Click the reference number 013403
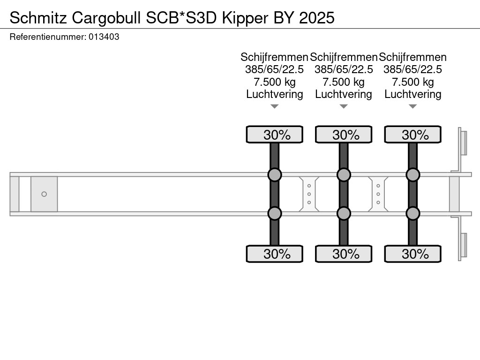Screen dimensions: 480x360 104,37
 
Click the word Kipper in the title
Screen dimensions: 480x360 245,18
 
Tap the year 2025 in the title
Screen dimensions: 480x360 316,18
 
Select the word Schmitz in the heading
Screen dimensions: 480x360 38,18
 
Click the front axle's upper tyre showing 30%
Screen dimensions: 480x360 275,135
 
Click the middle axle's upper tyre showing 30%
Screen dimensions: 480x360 344,135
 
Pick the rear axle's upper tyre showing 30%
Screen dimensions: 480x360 413,135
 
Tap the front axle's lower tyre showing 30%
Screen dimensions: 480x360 275,254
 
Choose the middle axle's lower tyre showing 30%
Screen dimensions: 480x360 344,254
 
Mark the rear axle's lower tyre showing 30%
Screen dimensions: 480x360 413,254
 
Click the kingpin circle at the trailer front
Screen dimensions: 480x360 44,194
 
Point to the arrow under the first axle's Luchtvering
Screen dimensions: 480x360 275,106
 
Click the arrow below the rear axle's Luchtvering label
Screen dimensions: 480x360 413,106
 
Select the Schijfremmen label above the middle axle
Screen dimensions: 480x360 344,57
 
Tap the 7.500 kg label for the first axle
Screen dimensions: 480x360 275,82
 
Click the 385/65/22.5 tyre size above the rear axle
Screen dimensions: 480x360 412,69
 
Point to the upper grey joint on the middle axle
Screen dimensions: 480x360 344,175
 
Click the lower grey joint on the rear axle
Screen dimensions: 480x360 413,213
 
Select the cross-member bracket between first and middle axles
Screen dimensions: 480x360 309,194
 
